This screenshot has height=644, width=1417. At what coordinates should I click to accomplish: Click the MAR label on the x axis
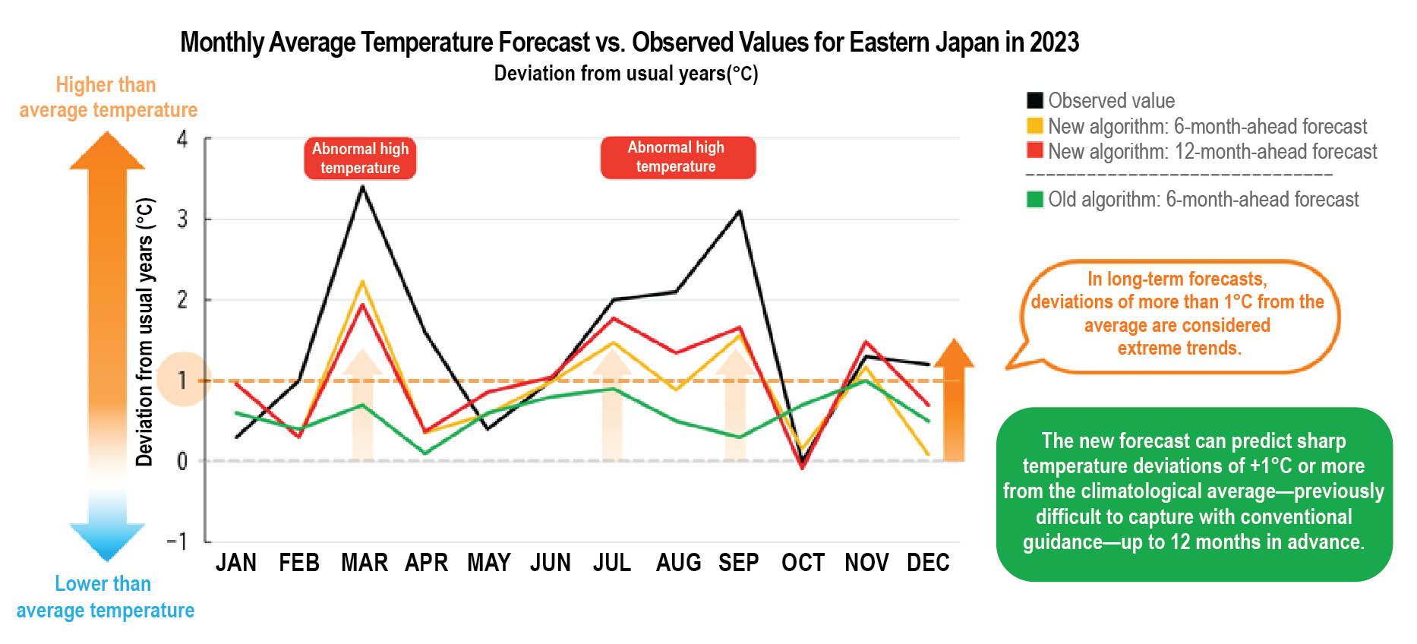tap(364, 563)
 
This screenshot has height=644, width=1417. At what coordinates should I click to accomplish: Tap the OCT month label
tap(803, 563)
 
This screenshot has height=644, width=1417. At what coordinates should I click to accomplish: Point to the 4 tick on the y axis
tap(182, 139)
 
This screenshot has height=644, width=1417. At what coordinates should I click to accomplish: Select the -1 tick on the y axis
tap(177, 541)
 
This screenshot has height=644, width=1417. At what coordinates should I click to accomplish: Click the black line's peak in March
tap(363, 187)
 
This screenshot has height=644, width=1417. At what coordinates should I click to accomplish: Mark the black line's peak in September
tap(740, 211)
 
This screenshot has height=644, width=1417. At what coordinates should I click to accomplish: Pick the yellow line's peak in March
tap(363, 282)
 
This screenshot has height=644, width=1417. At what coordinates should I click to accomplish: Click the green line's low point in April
tap(425, 453)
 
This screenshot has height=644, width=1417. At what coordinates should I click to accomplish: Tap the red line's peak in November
tap(866, 342)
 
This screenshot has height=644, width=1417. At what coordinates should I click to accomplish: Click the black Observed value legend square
tap(1034, 100)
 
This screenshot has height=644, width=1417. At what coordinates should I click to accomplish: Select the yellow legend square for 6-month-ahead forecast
tap(1034, 125)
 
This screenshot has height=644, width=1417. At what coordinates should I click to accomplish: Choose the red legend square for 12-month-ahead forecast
tap(1034, 150)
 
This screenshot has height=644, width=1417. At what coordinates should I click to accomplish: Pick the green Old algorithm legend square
tap(1034, 199)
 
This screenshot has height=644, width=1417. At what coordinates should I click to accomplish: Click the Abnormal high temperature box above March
tap(360, 158)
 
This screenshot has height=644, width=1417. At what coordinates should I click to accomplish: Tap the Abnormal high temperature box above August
tap(677, 157)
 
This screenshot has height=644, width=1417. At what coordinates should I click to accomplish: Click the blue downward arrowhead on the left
tap(107, 541)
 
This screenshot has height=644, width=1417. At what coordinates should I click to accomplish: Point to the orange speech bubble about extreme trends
tap(1178, 314)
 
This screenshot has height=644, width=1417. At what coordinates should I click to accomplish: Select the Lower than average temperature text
tap(105, 597)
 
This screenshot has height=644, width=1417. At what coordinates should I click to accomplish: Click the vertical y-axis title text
tap(145, 331)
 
